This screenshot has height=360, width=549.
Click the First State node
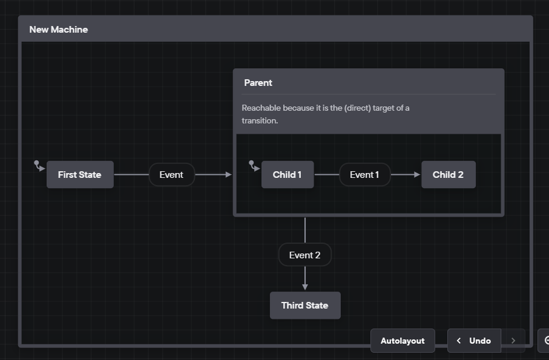[80, 175]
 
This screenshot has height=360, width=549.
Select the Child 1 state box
[288, 175]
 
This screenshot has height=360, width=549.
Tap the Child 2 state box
[448, 175]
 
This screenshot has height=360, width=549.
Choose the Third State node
[305, 306]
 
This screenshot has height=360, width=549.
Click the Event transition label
[171, 175]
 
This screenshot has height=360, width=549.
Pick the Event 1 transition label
[364, 175]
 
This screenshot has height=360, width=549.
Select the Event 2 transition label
[305, 255]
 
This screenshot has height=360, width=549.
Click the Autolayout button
[403, 341]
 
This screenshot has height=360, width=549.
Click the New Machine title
[59, 30]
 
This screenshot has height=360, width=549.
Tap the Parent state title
[258, 83]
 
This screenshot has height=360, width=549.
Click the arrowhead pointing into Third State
[305, 287]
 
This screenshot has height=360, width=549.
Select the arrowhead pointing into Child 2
[416, 175]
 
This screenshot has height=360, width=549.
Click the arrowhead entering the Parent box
[228, 175]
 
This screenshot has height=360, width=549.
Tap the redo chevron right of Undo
[513, 341]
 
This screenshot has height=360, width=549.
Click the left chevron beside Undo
[459, 341]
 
